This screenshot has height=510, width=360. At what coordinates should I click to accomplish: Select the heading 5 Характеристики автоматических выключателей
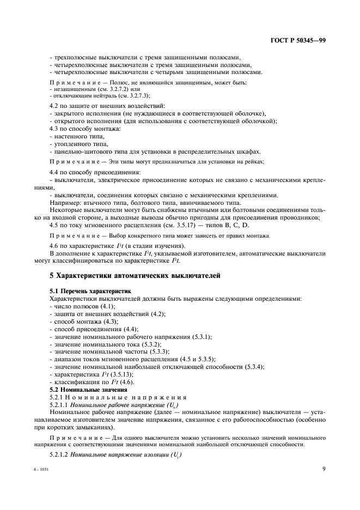tap(135, 276)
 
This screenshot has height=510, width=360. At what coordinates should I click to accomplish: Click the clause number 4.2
tap(55, 105)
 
